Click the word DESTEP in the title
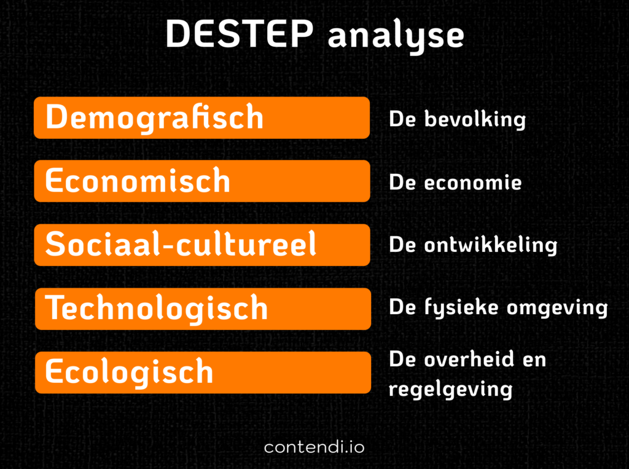pyautogui.click(x=239, y=34)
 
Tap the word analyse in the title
pyautogui.click(x=396, y=36)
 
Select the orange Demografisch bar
pyautogui.click(x=201, y=117)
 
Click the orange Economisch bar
pyautogui.click(x=201, y=181)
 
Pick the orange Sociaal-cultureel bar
pyautogui.click(x=201, y=245)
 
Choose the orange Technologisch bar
pyautogui.click(x=201, y=308)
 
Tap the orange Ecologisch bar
pyautogui.click(x=201, y=372)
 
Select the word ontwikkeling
pyautogui.click(x=490, y=245)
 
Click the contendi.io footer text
pyautogui.click(x=314, y=447)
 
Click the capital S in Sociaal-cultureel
pyautogui.click(x=55, y=244)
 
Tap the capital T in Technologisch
pyautogui.click(x=57, y=307)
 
